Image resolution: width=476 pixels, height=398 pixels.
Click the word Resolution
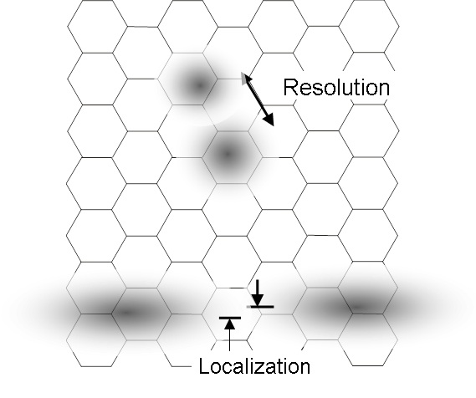pyautogui.click(x=336, y=87)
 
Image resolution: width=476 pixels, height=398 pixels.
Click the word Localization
pyautogui.click(x=254, y=366)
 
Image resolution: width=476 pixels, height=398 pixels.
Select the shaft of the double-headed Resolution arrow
pyautogui.click(x=258, y=99)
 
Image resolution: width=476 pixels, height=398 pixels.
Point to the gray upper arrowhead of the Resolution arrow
pyautogui.click(x=245, y=79)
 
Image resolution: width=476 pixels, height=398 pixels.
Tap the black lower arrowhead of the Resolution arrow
pyautogui.click(x=269, y=119)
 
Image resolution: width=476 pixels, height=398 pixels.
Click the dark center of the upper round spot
pyautogui.click(x=199, y=85)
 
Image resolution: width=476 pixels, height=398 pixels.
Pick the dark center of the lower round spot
pyautogui.click(x=228, y=154)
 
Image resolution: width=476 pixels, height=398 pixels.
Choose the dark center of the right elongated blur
pyautogui.click(x=356, y=307)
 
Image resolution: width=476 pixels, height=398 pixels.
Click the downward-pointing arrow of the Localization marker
pyautogui.click(x=258, y=293)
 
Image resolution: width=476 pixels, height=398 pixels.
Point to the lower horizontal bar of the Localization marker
pyautogui.click(x=230, y=318)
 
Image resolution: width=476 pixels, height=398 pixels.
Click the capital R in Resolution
pyautogui.click(x=291, y=87)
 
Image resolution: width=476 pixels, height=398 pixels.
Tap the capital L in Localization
pyautogui.click(x=205, y=365)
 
